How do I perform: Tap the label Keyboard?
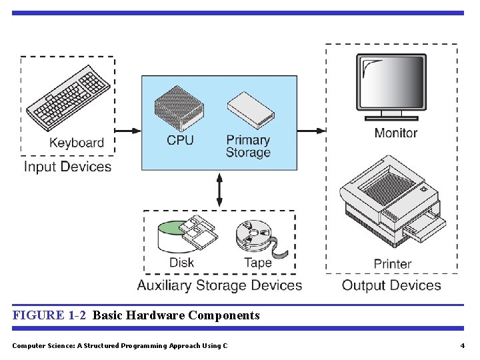77,143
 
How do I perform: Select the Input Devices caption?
67,166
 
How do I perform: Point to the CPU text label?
180,140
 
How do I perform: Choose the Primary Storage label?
248,146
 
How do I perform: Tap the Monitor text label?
396,133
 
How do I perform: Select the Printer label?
393,264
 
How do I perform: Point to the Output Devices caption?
391,285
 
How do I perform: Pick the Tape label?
257,263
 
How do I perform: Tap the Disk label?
181,263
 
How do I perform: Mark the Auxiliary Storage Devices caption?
219,285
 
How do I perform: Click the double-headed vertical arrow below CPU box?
219,189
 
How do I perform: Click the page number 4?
462,345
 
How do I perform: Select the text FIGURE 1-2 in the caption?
49,315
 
